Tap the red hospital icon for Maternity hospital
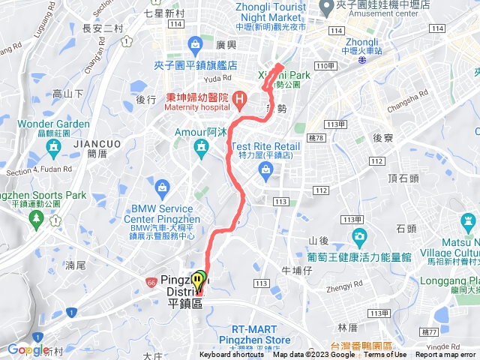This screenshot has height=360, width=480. click(x=239, y=98)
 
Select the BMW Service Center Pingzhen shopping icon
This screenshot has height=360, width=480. click(x=162, y=186)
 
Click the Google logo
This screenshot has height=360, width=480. click(x=28, y=349)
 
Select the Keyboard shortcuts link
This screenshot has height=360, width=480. click(x=232, y=355)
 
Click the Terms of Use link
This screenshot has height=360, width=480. click(x=385, y=355)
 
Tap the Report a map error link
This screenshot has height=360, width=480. click(x=446, y=355)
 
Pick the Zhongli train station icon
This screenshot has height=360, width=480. click(x=362, y=62)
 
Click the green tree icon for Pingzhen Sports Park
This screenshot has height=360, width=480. click(x=35, y=218)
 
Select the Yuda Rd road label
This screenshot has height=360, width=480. click(x=217, y=77)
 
